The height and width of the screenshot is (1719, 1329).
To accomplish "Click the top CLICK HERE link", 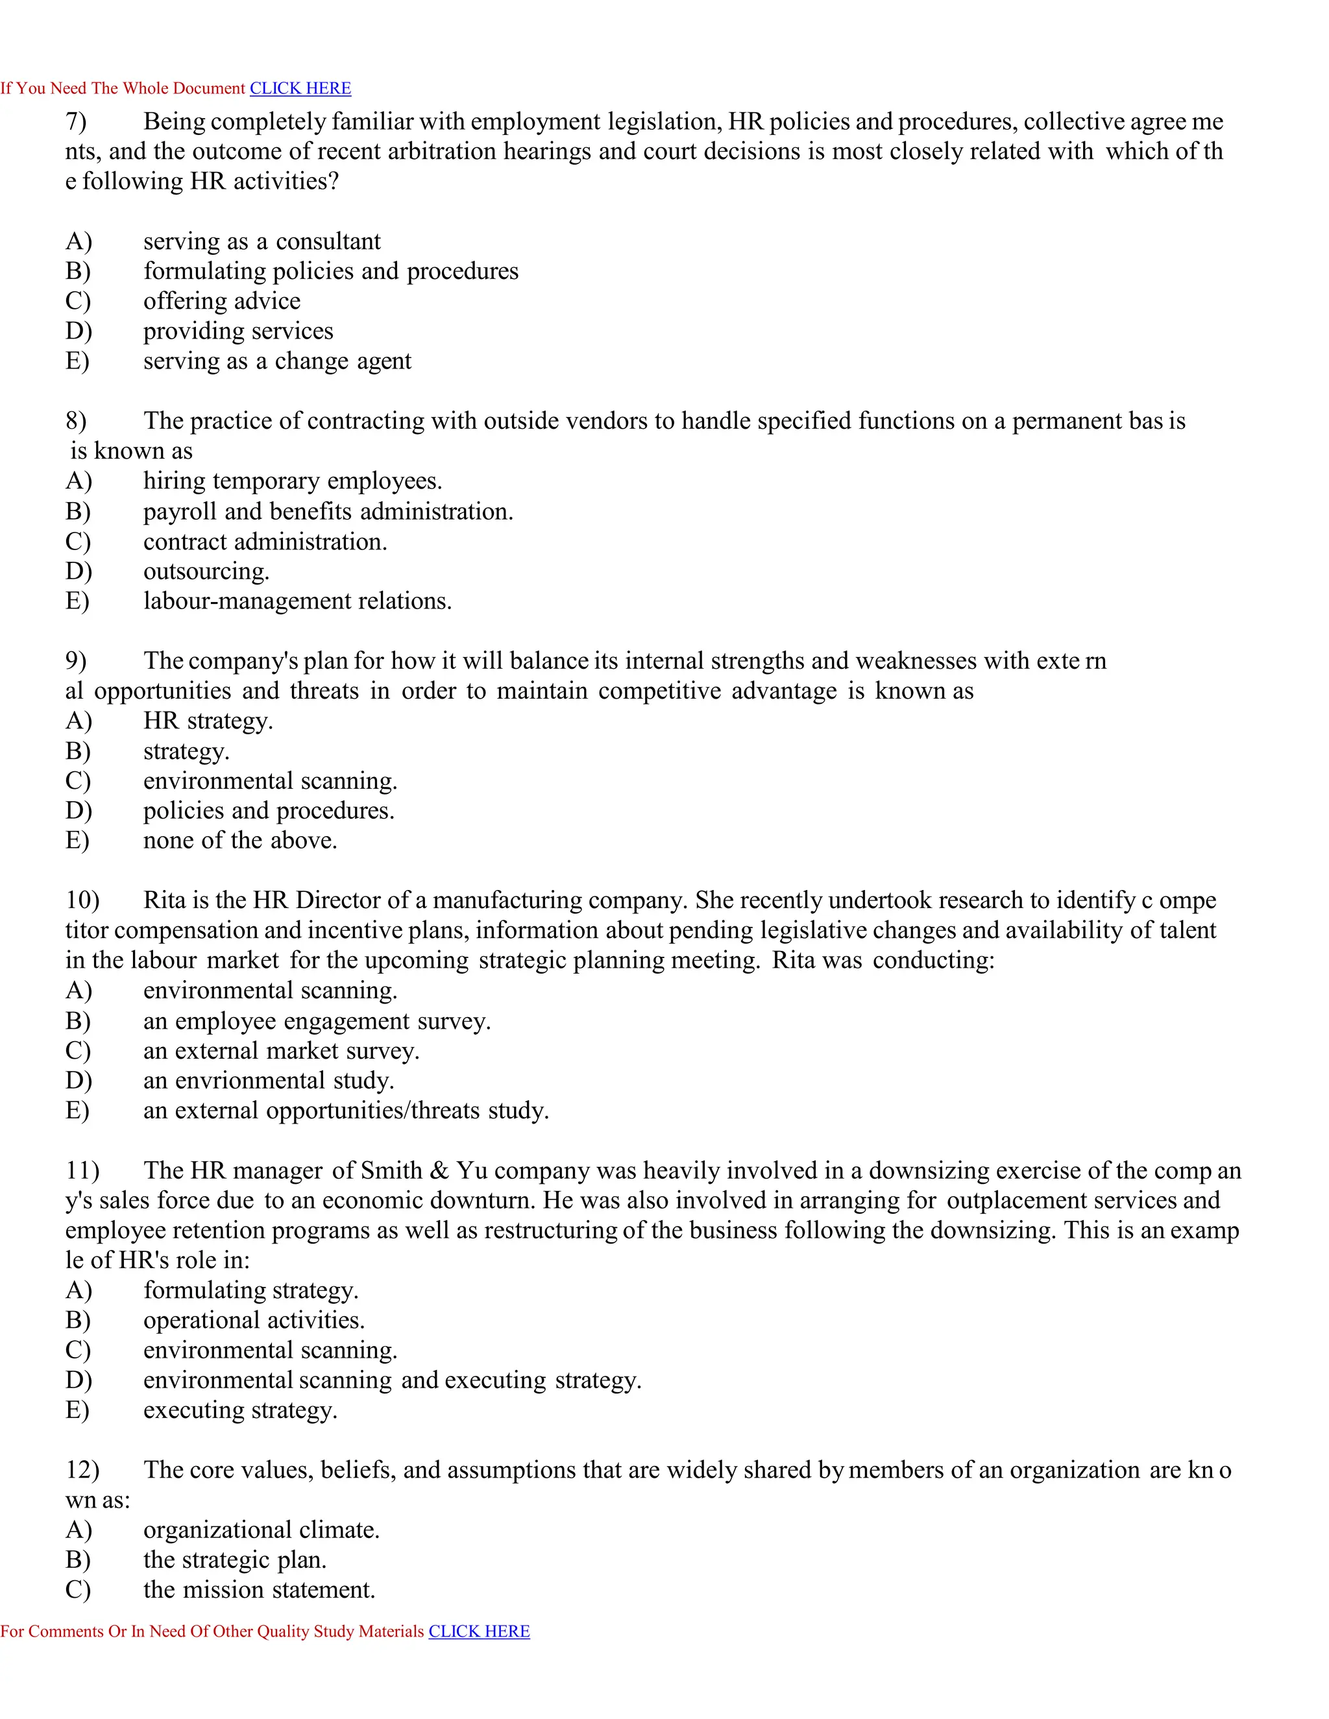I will (x=300, y=88).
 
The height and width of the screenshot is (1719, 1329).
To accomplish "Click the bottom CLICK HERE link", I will (x=479, y=1631).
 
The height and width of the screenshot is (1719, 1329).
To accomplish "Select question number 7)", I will (x=77, y=122).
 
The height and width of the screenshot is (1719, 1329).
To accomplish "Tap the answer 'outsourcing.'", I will (x=206, y=571).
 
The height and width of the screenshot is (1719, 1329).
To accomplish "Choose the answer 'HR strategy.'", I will (x=208, y=721).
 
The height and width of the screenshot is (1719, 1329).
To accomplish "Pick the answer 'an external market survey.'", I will (x=281, y=1051).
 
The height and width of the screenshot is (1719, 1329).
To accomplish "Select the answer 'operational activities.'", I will (x=254, y=1320).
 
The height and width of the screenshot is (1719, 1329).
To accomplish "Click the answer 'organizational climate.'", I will (x=262, y=1530).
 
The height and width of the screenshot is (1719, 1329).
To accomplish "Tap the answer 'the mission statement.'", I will (x=259, y=1590).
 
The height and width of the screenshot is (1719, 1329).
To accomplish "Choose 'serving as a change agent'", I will (x=277, y=361).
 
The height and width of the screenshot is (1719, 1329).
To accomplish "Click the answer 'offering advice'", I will (x=222, y=302).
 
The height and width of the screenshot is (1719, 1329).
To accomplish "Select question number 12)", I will (x=82, y=1471).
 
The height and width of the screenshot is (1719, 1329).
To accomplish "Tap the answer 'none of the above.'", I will (x=240, y=841).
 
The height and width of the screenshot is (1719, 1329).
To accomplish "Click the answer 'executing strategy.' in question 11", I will (x=240, y=1410).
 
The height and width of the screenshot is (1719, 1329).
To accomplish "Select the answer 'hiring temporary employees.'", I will (x=293, y=481).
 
